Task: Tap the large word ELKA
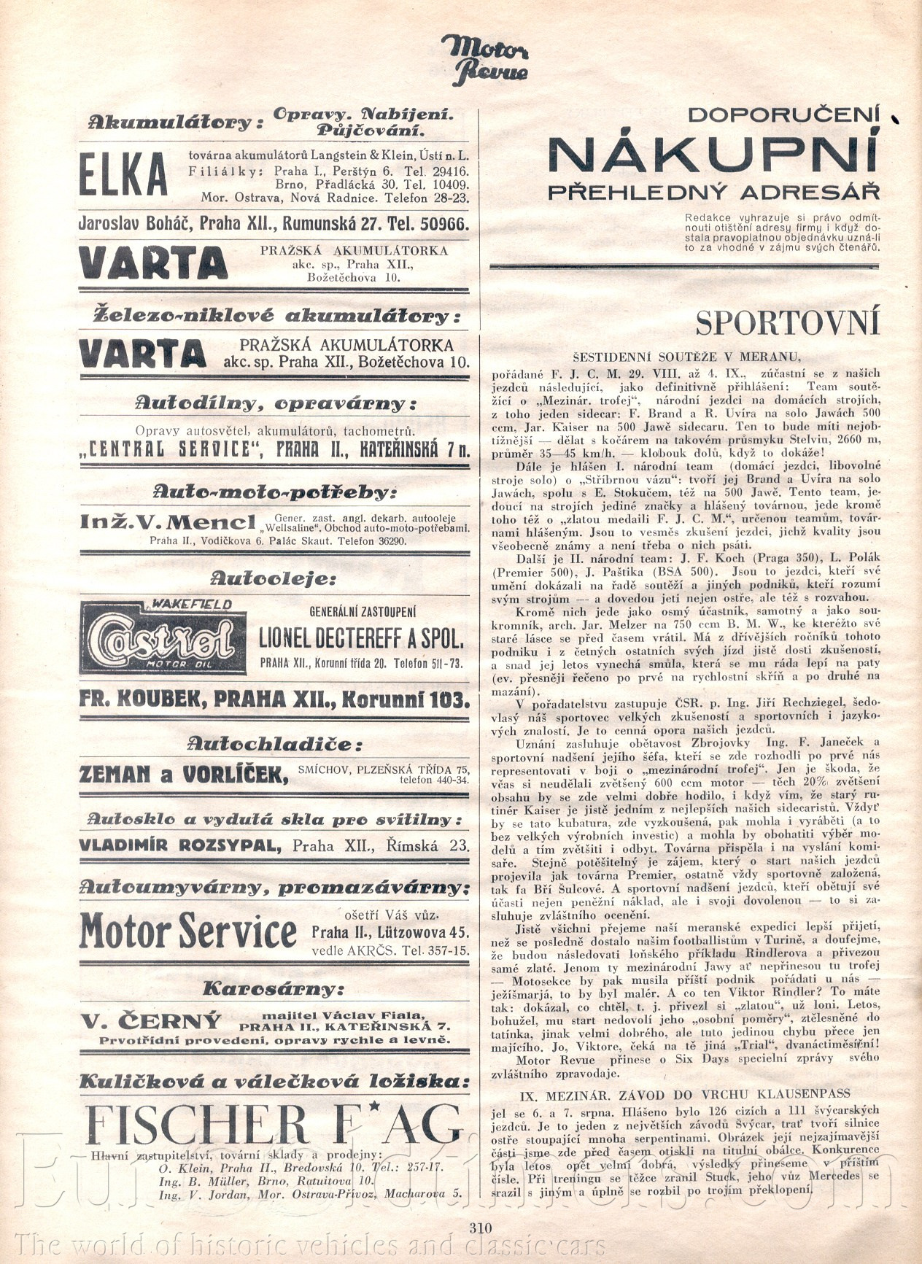point(123,176)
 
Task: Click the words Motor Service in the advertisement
point(188,931)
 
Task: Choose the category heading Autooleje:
point(274,579)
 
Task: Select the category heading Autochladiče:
point(274,745)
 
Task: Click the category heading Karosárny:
point(272,990)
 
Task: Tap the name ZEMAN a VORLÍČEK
point(183,775)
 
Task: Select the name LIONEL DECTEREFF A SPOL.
point(361,640)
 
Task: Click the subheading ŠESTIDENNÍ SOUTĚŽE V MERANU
point(686,357)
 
